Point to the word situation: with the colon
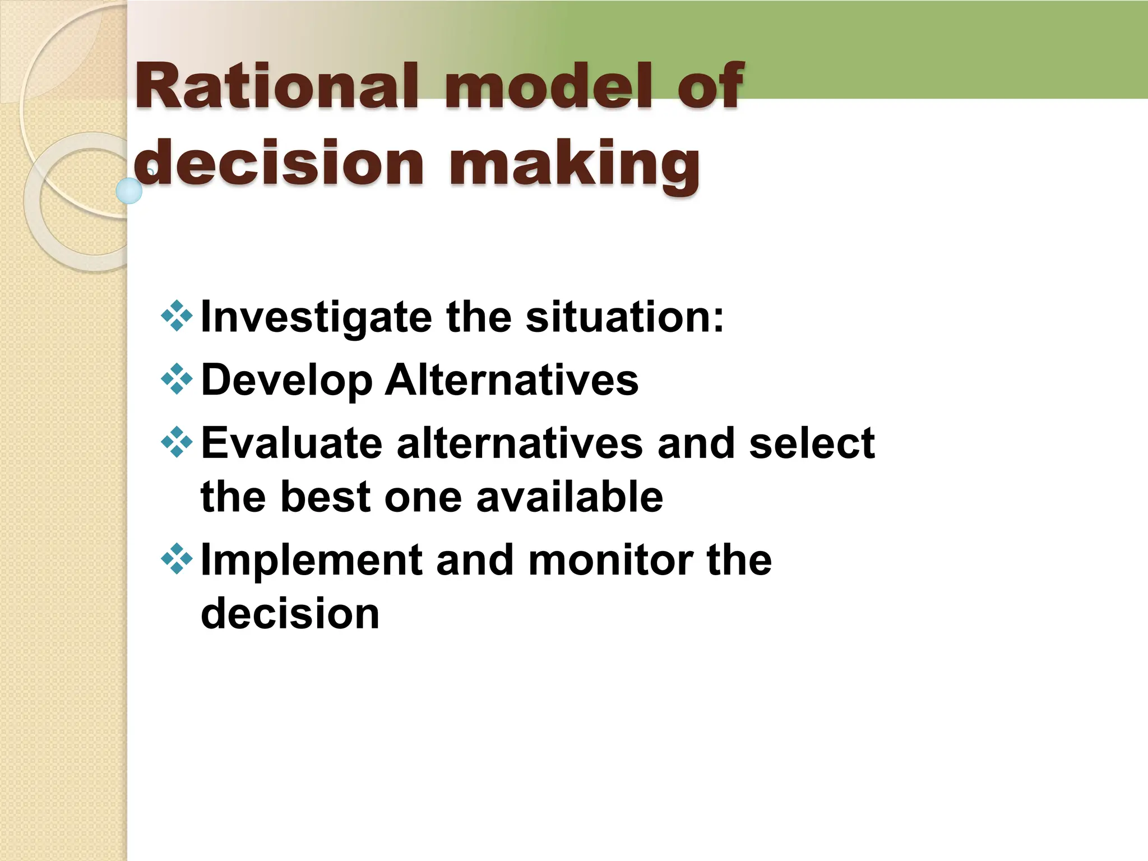[x=624, y=317]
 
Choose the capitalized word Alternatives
[x=511, y=379]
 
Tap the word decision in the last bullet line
[x=290, y=613]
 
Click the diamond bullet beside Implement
[x=177, y=559]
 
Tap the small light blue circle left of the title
[x=129, y=191]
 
